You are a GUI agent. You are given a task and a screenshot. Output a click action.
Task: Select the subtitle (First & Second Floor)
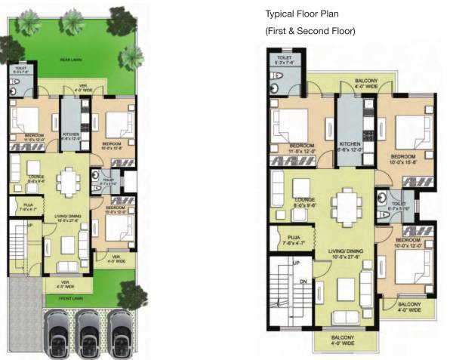tap(310, 31)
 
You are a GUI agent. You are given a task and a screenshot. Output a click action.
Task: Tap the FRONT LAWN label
tap(73, 297)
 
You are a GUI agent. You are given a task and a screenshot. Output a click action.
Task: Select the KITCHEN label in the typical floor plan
tap(351, 143)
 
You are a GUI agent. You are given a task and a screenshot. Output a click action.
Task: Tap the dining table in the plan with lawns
tap(70, 180)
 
